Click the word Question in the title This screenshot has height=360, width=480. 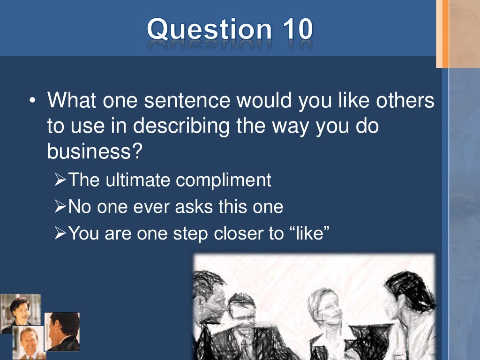point(208,29)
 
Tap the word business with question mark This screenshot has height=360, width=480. point(94,151)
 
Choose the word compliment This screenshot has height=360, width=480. point(223,180)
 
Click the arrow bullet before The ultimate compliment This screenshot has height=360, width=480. point(60,180)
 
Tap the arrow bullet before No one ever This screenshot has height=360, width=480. point(60,207)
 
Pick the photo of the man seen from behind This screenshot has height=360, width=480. point(62,331)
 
